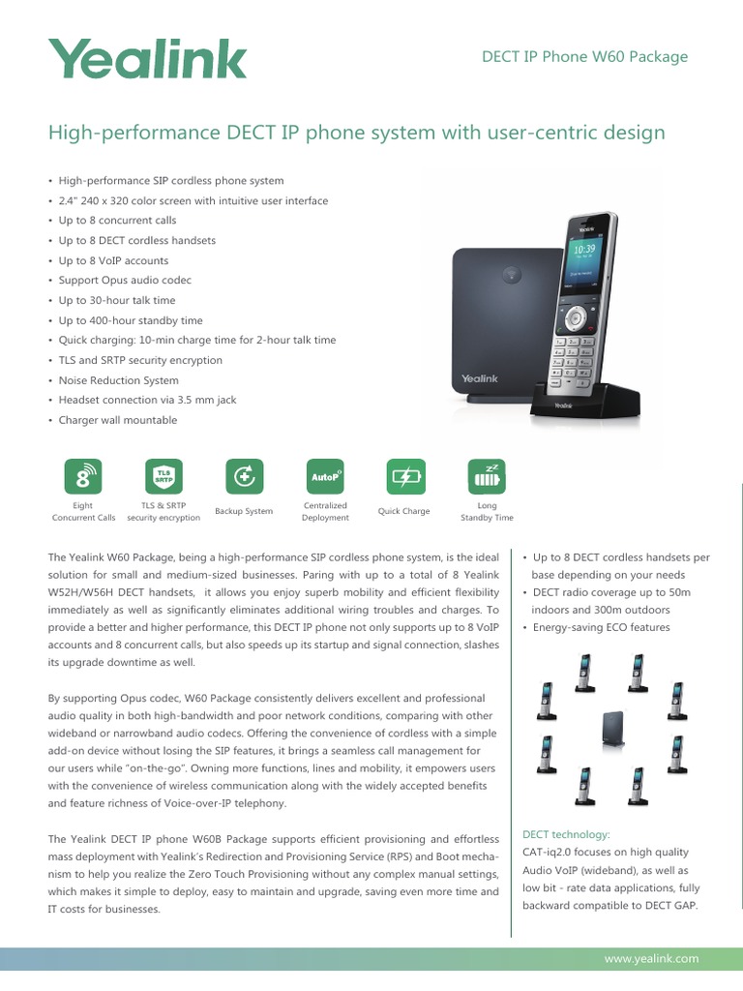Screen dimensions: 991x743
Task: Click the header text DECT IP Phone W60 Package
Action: [584, 57]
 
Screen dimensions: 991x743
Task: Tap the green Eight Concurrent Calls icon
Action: [83, 476]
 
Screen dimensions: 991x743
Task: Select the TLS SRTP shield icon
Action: [163, 476]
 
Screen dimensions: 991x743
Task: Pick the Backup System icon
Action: [244, 476]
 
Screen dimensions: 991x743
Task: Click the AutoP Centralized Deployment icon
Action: [325, 476]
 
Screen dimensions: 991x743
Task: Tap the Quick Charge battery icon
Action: [403, 476]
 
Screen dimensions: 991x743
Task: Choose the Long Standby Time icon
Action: [484, 476]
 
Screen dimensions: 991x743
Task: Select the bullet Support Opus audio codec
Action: [125, 281]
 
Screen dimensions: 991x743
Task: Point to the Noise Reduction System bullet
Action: [118, 380]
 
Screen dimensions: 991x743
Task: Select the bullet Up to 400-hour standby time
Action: [131, 320]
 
